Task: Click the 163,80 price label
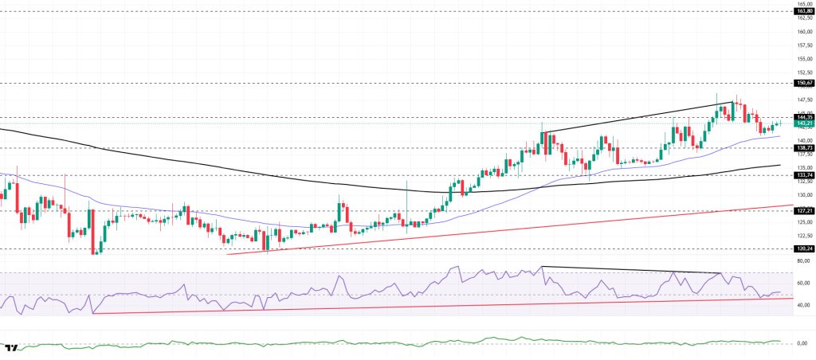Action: [803, 11]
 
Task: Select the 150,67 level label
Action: [803, 83]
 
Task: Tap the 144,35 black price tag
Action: [803, 117]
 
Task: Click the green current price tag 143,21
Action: [803, 123]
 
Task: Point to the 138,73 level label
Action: [803, 148]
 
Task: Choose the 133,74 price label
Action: [803, 175]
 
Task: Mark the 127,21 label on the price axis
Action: [803, 211]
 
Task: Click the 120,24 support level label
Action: [803, 248]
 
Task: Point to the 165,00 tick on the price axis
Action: [803, 4]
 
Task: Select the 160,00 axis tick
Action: [803, 31]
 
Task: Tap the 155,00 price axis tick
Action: [803, 58]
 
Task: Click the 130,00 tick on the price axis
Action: [803, 195]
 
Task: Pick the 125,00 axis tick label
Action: [803, 222]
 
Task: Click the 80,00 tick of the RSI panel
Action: [803, 260]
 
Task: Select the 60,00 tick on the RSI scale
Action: [803, 283]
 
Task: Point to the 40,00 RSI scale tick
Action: [803, 305]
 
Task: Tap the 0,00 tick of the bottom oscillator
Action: [803, 343]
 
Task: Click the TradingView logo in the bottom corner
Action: [12, 349]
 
